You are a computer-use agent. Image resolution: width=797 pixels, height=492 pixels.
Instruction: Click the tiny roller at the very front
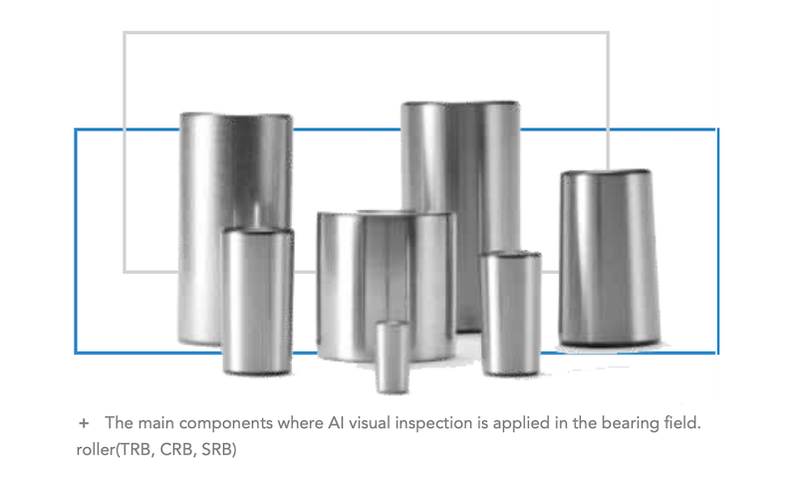393,357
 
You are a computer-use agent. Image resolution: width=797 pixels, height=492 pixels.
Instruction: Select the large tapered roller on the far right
610,258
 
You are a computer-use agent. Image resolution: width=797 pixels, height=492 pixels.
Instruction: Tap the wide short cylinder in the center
387,285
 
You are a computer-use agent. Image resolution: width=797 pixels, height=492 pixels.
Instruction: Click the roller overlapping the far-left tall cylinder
258,302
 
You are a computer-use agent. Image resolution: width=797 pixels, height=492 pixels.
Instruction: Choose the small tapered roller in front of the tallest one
511,313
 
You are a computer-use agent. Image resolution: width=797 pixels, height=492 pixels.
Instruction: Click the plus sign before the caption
84,423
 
